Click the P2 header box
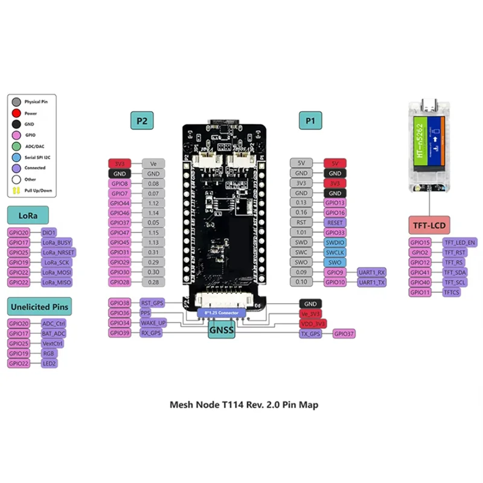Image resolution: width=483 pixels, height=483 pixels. coord(142,121)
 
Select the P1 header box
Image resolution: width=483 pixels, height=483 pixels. coord(310,121)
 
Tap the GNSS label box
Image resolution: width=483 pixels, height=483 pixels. coord(221,330)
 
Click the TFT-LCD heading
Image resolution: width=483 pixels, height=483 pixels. coord(430,226)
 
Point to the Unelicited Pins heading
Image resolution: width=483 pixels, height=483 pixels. coord(38,307)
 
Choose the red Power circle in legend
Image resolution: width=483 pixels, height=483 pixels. coord(16,113)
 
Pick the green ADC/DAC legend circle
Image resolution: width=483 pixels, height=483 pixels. coord(16,146)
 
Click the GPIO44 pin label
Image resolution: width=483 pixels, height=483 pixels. coord(120,203)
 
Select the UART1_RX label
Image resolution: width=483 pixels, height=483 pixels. coord(372,272)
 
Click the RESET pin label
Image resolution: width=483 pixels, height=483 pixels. coord(335,222)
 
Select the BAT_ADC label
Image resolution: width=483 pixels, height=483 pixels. coord(54,333)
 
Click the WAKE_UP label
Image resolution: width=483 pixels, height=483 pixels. coord(153,322)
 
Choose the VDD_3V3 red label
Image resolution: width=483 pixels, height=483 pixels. coord(313,323)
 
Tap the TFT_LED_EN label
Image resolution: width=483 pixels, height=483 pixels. coord(460,242)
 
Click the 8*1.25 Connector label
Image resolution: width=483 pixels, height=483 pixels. coord(222,313)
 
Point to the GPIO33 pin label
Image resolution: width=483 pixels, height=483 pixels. coord(335,232)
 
